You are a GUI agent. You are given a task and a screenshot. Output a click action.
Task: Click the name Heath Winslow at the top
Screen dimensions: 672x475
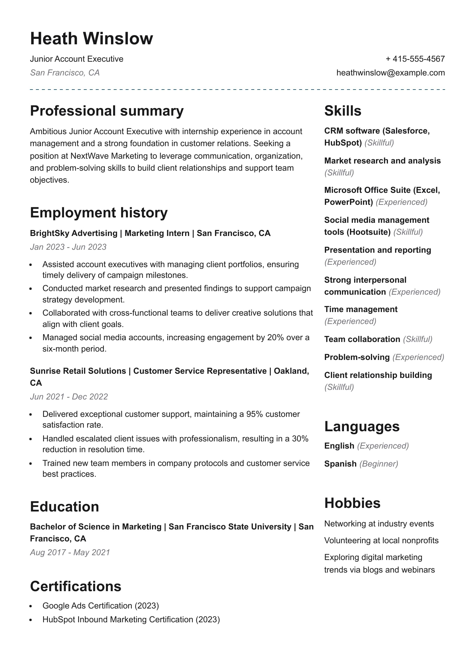[x=92, y=39]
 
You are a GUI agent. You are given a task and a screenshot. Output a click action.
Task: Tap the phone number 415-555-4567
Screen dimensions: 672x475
[x=418, y=59]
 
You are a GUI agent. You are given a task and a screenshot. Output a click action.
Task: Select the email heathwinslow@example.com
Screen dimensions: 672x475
[x=390, y=73]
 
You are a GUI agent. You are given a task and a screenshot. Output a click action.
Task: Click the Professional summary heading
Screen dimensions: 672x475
[x=107, y=111]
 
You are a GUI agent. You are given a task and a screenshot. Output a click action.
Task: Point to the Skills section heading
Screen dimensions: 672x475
[x=342, y=111]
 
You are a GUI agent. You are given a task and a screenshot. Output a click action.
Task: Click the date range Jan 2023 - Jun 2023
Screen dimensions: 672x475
[x=68, y=247]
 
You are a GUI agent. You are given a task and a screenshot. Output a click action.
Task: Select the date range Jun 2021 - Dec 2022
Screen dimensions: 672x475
[x=69, y=397]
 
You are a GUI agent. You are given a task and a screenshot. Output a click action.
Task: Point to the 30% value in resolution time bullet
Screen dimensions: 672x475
[x=300, y=439]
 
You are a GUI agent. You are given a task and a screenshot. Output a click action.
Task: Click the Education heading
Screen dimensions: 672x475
[x=64, y=507]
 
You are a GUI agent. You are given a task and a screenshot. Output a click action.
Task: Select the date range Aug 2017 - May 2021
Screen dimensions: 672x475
[x=70, y=553]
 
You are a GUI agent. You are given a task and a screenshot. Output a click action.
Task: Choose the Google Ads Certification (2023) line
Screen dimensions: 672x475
[x=101, y=606]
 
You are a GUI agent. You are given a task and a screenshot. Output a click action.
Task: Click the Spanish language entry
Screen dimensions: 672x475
[x=340, y=464]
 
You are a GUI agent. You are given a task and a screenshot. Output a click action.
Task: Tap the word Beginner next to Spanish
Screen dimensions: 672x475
[x=379, y=464]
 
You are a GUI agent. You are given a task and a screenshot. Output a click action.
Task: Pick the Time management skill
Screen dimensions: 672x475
[x=361, y=309]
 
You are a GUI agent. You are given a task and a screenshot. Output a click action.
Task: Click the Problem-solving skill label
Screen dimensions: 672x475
[x=357, y=357]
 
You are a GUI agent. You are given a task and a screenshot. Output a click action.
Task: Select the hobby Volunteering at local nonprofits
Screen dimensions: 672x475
[x=381, y=541]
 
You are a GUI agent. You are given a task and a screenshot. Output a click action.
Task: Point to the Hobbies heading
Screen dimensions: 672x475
[x=352, y=503]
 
